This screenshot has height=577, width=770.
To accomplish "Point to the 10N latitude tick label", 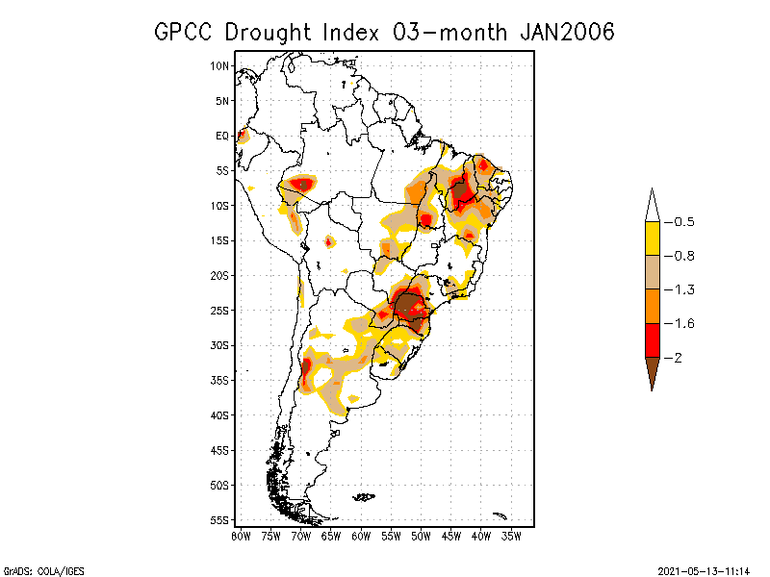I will tap(220, 66).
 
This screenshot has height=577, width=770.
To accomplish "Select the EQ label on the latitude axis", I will tap(222, 137).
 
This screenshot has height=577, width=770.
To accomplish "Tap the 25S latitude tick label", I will tap(220, 311).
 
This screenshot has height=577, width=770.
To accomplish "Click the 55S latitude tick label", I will tap(220, 520).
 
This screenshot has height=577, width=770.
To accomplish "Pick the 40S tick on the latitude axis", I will tap(220, 415).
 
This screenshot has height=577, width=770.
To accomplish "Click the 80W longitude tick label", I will tap(241, 535).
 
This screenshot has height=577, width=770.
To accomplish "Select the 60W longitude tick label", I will tap(361, 535).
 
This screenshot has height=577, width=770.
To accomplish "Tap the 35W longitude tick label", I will tap(511, 535).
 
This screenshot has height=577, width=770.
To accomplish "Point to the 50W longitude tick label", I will tap(421, 535).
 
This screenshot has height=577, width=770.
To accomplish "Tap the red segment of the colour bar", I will tap(652, 339).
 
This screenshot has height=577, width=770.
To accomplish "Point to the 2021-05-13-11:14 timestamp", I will tap(704, 569).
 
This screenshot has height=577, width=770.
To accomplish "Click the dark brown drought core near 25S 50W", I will tap(411, 307).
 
